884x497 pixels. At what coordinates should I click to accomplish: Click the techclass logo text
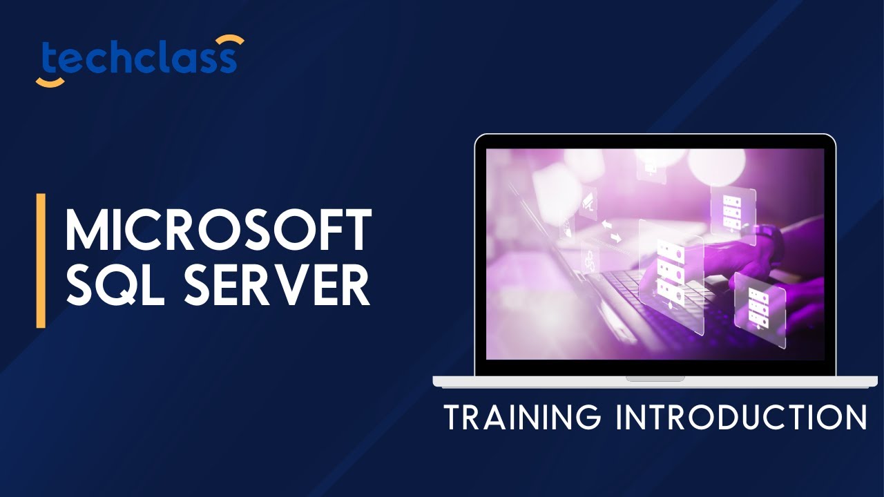coord(138,60)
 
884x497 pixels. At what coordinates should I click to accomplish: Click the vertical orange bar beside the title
coord(41,260)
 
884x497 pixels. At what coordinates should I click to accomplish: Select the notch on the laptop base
coord(655,378)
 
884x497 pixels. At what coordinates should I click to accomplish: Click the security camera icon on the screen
coord(588,201)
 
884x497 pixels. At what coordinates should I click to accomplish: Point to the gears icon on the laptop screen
coord(588,261)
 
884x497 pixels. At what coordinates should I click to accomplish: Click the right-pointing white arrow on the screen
coord(615,237)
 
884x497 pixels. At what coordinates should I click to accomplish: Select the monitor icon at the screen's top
coord(650,168)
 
